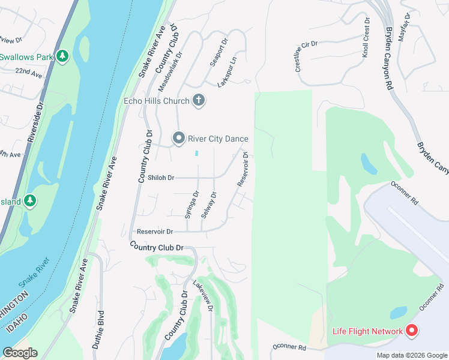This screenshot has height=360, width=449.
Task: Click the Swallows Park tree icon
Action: [x=62, y=56]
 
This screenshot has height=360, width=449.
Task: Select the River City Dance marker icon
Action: [x=178, y=139]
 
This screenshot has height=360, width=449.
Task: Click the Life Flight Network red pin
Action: [x=412, y=331]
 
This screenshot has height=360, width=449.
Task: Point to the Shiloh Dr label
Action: [x=162, y=178]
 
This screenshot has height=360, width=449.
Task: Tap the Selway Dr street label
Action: [x=209, y=204]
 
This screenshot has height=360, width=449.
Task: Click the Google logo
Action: [x=20, y=353]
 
